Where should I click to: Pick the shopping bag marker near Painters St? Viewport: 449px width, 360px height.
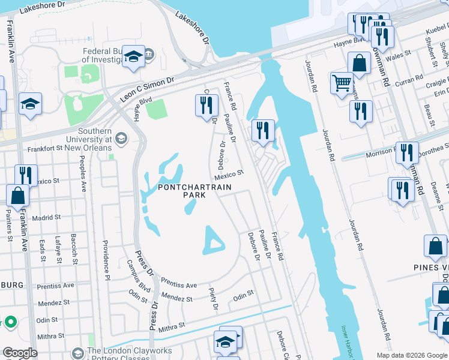coord(18,195)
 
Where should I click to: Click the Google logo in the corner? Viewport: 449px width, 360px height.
coord(20,352)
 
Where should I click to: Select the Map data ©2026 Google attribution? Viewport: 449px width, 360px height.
coord(412,355)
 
